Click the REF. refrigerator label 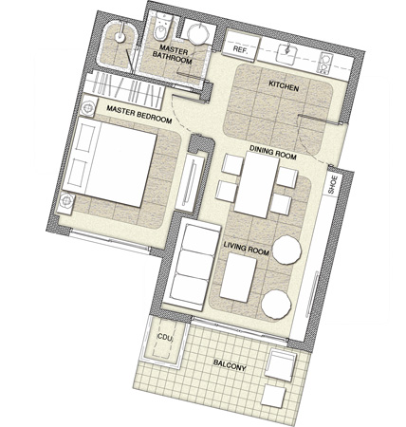pos(241,49)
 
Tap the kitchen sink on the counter pos(287,53)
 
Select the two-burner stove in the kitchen pos(324,63)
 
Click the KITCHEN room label pos(284,85)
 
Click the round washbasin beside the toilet pos(198,33)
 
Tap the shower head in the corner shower pos(120,36)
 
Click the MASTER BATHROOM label pos(173,54)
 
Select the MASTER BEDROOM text pos(139,114)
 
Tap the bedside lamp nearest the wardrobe pos(87,107)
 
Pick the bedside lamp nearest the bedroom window pos(66,200)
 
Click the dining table pos(256,185)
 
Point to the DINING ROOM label pos(273,153)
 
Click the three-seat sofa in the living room pos(193,265)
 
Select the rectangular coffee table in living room pos(238,278)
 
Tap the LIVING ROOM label pos(247,249)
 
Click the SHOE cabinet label pos(332,185)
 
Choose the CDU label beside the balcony pos(165,338)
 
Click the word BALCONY pos(230,365)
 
